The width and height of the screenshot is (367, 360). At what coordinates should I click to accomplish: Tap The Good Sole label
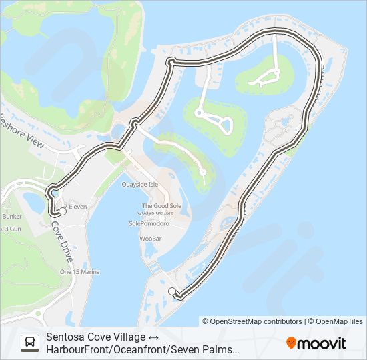tap(161, 206)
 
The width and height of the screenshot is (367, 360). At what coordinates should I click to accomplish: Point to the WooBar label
tap(150, 238)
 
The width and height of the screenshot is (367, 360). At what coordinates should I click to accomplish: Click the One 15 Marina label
tap(79, 272)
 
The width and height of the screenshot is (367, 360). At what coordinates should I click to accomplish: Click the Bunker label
tap(12, 217)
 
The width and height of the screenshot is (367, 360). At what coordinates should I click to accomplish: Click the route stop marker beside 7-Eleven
tap(63, 211)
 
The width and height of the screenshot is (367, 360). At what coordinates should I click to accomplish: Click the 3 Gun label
tap(11, 229)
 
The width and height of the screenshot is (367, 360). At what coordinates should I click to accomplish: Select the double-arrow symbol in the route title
tap(150, 337)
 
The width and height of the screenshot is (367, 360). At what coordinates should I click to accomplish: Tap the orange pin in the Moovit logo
tap(292, 343)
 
